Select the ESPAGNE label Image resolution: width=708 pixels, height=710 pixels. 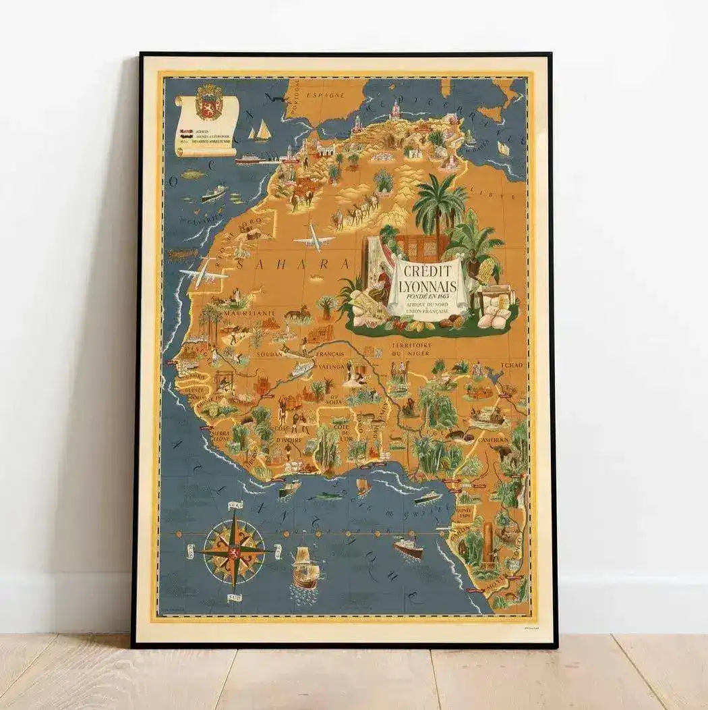325,97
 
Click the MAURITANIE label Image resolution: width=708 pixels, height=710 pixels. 250,314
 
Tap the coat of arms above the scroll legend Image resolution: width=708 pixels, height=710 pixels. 208,103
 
